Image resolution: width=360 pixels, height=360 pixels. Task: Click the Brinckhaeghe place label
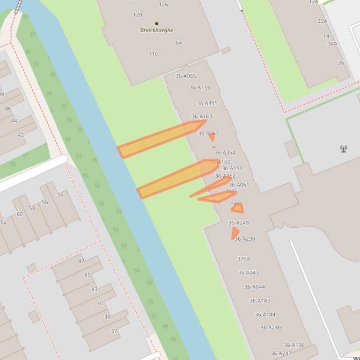pyautogui.click(x=156, y=30)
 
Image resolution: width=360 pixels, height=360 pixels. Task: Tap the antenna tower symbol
pyautogui.click(x=344, y=149)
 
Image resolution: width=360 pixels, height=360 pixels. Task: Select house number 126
pyautogui.click(x=163, y=5)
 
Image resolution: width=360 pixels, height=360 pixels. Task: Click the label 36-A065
pyautogui.click(x=186, y=76)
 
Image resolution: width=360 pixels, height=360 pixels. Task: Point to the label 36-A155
pyautogui.click(x=200, y=87)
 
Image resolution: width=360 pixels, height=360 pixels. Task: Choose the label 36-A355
pyautogui.click(x=207, y=103)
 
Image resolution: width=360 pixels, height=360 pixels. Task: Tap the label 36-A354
pyautogui.click(x=225, y=152)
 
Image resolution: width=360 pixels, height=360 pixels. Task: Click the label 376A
pyautogui.click(x=243, y=259)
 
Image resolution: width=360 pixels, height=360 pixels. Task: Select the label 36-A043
pyautogui.click(x=248, y=273)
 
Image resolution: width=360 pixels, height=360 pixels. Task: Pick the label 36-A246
pyautogui.click(x=271, y=327)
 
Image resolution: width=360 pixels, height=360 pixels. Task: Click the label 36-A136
pyautogui.click(x=294, y=345)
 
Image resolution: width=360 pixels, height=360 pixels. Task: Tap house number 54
pyautogui.click(x=61, y=194)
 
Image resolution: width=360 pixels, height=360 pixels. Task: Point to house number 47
pyautogui.click(x=81, y=261)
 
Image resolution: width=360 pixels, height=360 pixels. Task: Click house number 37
pyautogui.click(x=114, y=331)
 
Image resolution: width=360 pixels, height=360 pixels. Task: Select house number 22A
pyautogui.click(x=322, y=21)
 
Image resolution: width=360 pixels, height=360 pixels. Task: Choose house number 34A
pyautogui.click(x=332, y=44)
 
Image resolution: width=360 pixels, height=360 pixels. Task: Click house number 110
pyautogui.click(x=153, y=54)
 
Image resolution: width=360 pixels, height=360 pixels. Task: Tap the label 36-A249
pyautogui.click(x=238, y=223)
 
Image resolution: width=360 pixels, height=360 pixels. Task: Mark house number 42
pyautogui.click(x=21, y=135)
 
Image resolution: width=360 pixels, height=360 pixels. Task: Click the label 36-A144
pyautogui.click(x=265, y=315)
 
